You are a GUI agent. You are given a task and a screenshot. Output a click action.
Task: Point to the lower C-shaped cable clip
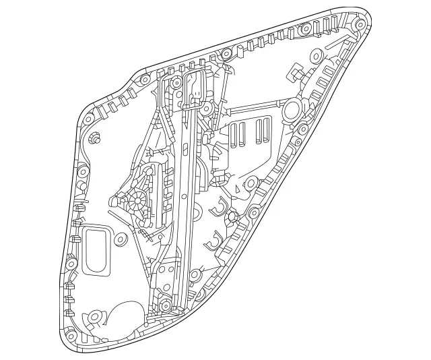point(215,239)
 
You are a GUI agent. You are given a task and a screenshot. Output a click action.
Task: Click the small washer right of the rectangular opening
point(121,239)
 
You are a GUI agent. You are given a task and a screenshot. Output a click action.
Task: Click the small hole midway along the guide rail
point(184,196)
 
